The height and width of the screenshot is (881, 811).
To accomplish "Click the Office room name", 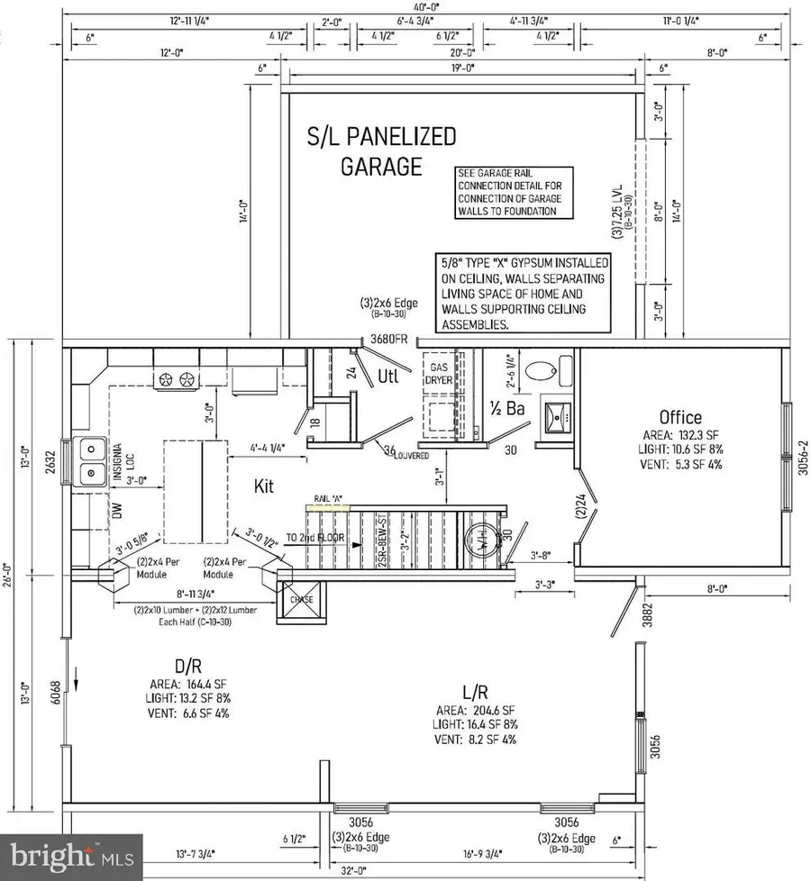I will [x=679, y=417].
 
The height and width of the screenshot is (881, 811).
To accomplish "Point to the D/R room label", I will [x=187, y=667].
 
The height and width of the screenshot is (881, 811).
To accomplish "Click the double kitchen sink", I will [x=91, y=459].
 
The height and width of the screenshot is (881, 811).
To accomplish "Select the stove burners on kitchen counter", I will [x=177, y=380].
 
